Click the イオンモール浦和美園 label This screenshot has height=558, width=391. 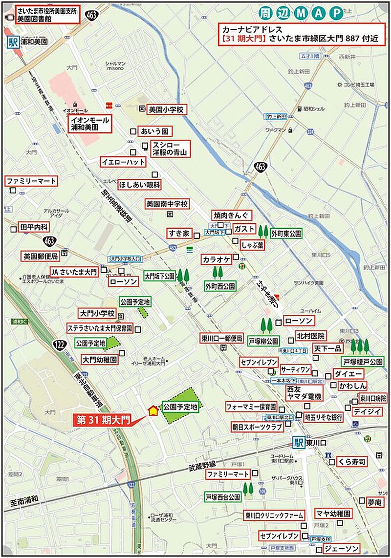(x=90, y=123)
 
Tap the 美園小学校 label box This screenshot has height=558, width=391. (x=166, y=110)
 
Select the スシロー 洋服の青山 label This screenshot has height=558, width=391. (x=170, y=149)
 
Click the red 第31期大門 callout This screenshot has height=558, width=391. (x=102, y=419)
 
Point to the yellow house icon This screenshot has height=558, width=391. (x=153, y=410)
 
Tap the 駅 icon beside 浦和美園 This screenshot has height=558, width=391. (x=13, y=42)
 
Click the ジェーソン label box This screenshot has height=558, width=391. (x=342, y=548)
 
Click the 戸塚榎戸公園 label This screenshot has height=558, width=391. (x=363, y=362)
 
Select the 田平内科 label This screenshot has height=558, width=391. (x=34, y=227)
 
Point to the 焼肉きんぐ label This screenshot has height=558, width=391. (x=231, y=215)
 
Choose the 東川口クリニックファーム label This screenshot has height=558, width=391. (x=274, y=515)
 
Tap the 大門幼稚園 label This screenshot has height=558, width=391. (x=100, y=360)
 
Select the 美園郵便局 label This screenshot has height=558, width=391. (x=41, y=256)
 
